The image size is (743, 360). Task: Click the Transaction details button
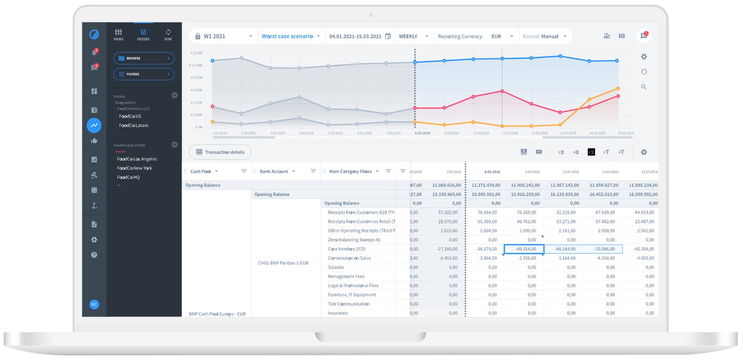tap(220, 152)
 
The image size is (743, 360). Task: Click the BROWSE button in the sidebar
tap(143, 58)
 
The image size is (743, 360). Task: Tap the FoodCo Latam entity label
tap(134, 125)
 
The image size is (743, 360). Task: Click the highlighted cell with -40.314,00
tap(524, 249)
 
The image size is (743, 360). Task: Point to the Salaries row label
tap(336, 268)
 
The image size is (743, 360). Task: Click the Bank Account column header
tap(274, 171)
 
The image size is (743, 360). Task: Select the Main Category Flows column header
tap(351, 171)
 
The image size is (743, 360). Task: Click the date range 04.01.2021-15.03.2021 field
tap(355, 36)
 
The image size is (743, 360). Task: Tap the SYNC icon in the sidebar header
tap(168, 33)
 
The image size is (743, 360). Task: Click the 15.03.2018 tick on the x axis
tap(625, 133)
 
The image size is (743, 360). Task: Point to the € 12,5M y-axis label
tap(196, 53)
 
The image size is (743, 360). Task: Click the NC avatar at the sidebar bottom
tap(94, 304)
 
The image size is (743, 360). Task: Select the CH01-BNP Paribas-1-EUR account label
tap(283, 263)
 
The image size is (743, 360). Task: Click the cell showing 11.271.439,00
tap(486, 185)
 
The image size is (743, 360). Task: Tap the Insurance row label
tap(338, 313)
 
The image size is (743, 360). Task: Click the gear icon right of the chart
tap(644, 57)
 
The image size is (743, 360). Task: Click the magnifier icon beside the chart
tap(644, 87)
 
